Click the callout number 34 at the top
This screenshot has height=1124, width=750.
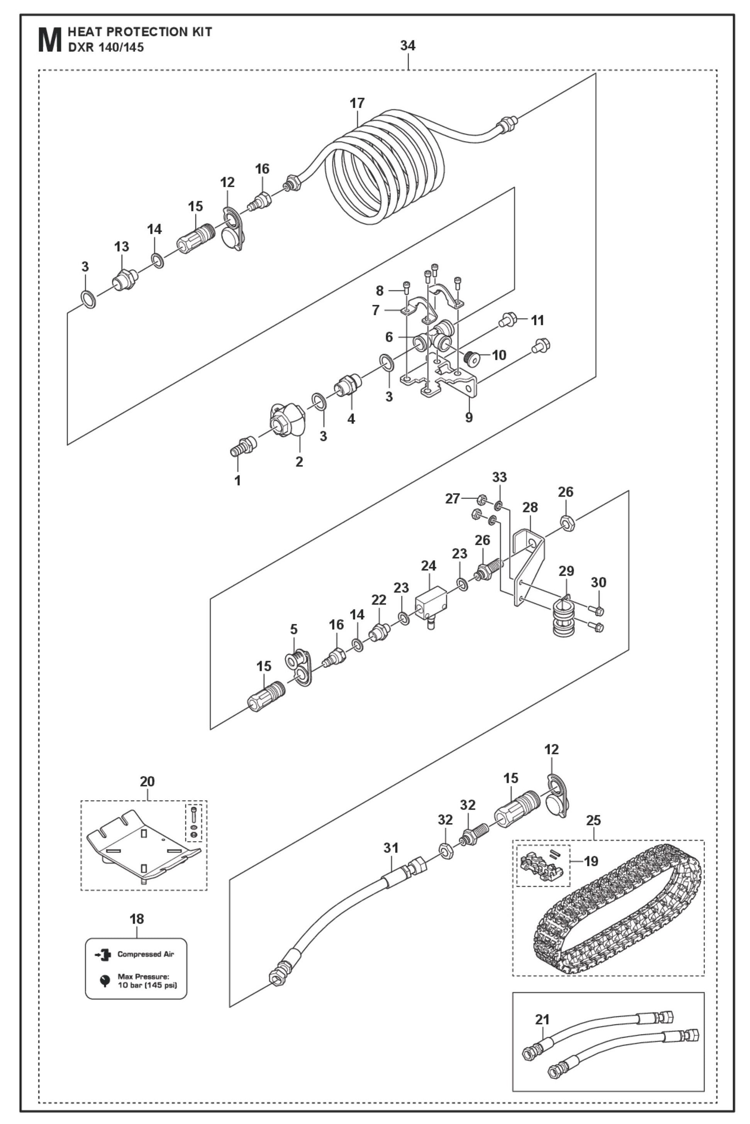407,46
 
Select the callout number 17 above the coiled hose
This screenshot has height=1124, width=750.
357,103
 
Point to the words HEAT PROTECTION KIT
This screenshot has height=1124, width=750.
140,32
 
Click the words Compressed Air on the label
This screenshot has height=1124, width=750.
146,954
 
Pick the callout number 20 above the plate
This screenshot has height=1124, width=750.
147,781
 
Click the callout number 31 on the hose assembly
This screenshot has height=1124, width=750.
391,848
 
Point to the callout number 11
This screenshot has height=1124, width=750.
538,320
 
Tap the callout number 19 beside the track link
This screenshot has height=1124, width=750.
591,861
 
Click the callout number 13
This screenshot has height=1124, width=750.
122,247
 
